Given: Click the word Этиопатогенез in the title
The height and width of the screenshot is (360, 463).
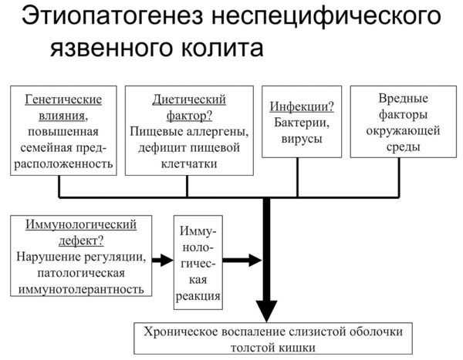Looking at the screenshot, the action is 112,16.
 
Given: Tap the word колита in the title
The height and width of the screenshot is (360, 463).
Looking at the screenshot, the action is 221,48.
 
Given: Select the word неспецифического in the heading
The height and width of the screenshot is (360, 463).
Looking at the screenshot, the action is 326,17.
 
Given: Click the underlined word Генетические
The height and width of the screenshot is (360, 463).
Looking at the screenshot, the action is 63,99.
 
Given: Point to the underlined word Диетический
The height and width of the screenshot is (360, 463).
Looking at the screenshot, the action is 189,99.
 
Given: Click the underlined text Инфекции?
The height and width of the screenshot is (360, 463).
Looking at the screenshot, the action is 302,106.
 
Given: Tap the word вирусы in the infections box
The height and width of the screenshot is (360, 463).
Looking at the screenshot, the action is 302,139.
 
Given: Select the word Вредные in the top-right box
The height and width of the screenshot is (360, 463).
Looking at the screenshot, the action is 404,98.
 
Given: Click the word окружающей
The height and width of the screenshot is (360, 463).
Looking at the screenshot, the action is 403,131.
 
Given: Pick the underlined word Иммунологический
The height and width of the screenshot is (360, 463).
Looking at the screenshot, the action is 81,224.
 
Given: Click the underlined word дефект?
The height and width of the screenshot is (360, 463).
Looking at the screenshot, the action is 81,241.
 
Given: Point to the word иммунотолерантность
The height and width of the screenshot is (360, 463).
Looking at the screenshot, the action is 81,289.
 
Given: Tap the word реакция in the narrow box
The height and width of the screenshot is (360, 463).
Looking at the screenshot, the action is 198,296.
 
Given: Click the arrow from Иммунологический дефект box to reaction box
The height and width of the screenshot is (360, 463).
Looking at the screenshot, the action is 162,261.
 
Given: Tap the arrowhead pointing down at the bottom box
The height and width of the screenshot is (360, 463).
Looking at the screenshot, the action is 267,311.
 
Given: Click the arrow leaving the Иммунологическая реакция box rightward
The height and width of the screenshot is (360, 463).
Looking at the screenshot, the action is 242,261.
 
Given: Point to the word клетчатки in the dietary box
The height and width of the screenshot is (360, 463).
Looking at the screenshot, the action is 189,163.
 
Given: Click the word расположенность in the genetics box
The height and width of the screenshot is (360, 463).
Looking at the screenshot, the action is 63,164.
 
